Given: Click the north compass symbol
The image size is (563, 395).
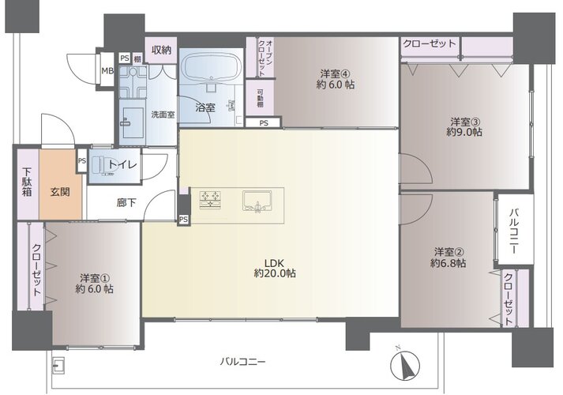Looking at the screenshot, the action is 405,366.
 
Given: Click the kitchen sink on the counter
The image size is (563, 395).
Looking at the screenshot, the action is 257,201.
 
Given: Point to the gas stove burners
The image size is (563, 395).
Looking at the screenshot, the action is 211,200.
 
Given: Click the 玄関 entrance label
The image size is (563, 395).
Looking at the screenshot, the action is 60,192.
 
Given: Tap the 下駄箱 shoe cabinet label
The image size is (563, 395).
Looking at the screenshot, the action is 28,182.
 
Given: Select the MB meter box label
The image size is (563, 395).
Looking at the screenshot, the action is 107,71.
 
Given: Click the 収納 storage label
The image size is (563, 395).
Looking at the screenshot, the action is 161,50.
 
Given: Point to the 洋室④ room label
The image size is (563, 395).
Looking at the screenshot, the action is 336,74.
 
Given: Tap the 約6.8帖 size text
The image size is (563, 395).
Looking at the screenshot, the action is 449,263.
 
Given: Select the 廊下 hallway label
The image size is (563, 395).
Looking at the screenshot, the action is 126,202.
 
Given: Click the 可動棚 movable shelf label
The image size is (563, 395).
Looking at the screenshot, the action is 260,98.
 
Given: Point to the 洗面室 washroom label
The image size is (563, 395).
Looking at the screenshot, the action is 163,115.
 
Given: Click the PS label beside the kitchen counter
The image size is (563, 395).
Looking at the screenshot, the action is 183,219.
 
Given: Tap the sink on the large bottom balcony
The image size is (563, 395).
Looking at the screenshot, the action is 58,366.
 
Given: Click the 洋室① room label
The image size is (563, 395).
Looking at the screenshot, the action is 95,278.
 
